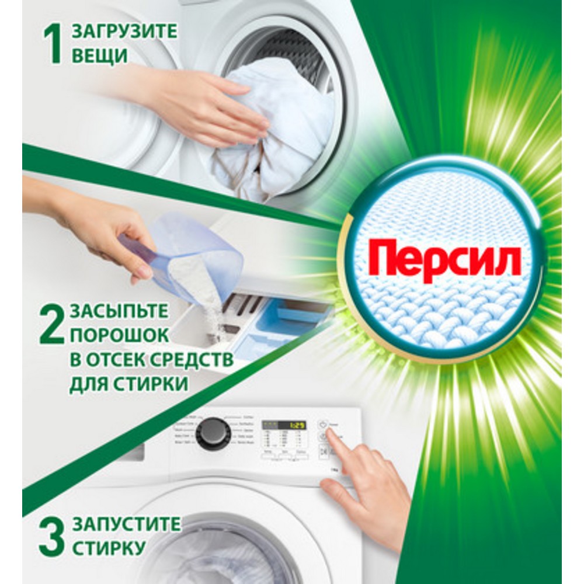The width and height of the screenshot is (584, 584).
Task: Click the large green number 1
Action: point(54,43)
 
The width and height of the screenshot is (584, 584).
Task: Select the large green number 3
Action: point(52,536)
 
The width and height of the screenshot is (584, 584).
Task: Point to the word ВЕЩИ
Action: point(99,57)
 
